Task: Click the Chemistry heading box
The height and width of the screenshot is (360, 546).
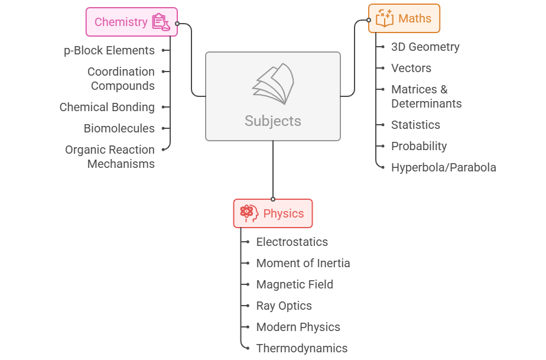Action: pos(131,22)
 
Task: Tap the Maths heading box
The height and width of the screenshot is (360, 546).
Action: pos(404,18)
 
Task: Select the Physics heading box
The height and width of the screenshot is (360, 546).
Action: pos(273,213)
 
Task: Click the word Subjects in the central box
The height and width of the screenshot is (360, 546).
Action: pos(273,121)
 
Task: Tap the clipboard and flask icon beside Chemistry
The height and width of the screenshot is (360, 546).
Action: pos(160,22)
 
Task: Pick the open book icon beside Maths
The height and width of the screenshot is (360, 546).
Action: pos(384,18)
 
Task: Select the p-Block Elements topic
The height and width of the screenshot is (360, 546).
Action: pos(109,50)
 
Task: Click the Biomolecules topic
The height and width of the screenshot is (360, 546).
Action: pos(119,128)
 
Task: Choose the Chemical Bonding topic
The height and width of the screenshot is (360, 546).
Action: pos(107,107)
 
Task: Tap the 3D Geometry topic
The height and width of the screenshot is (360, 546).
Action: pos(425,47)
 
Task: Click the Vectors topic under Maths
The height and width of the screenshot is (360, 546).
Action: pos(411,68)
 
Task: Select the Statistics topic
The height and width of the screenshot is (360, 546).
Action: pos(415,125)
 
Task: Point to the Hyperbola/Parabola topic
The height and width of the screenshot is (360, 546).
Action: pos(443,167)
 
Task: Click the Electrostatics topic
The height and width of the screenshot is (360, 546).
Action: pos(292,242)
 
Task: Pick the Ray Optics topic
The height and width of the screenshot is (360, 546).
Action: pos(284,306)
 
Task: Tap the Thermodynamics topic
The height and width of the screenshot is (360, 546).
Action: pos(301,348)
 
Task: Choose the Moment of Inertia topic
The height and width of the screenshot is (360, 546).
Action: pos(303,263)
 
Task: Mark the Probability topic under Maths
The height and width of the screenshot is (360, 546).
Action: pos(418,146)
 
